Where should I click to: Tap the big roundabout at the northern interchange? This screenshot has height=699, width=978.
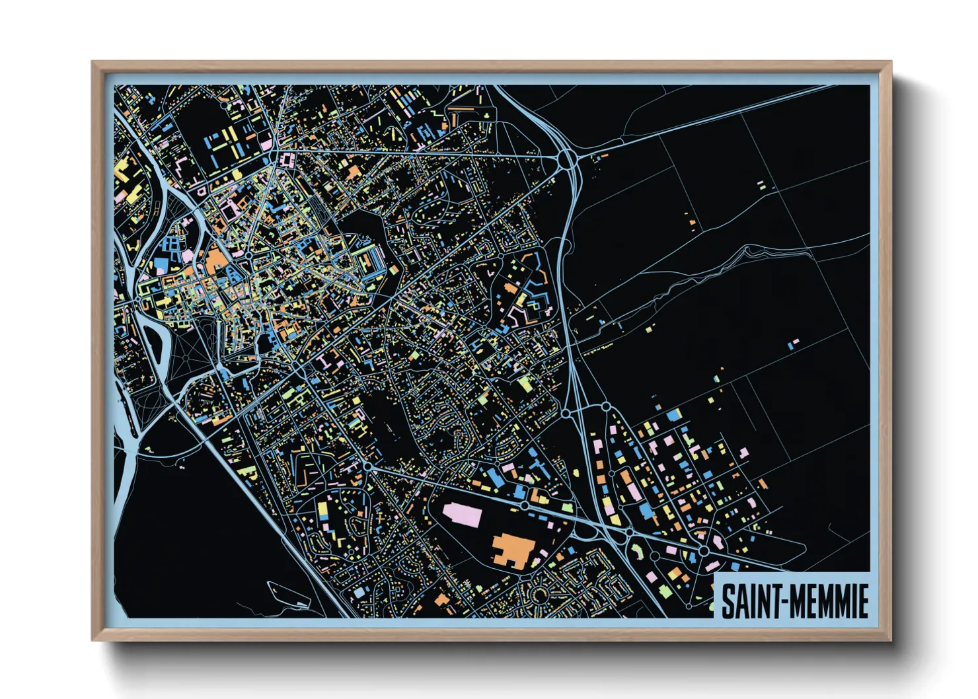567,159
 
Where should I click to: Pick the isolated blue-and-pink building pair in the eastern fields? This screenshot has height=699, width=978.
793,343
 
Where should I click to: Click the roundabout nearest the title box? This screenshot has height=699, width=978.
704,550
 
